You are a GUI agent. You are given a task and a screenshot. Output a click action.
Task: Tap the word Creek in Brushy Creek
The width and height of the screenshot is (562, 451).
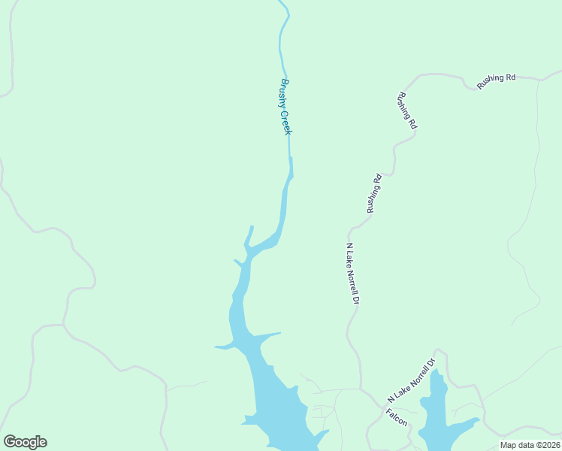tap(286, 123)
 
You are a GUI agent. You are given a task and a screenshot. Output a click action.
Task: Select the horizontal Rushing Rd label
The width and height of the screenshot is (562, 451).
tap(496, 82)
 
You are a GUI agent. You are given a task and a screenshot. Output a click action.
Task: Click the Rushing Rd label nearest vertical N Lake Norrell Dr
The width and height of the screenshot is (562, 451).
tap(375, 193)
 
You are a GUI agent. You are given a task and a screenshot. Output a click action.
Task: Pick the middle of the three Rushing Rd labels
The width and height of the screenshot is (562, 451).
tap(407, 111)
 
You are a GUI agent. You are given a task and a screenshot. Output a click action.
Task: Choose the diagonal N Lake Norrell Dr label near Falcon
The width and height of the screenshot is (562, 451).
tap(412, 380)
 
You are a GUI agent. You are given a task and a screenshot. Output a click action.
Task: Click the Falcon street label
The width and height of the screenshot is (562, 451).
tap(397, 418)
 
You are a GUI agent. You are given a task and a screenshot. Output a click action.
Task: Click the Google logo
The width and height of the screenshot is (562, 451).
tap(25, 442)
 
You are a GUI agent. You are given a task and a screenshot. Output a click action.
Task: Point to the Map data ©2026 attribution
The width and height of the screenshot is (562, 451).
tap(530, 445)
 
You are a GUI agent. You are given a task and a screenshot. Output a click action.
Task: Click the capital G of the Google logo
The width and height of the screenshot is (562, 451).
tap(10, 442)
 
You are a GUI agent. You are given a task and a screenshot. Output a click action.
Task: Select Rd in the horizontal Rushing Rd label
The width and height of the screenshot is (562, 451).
tap(510, 78)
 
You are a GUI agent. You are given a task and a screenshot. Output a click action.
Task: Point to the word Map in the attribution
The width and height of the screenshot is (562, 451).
tap(508, 445)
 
